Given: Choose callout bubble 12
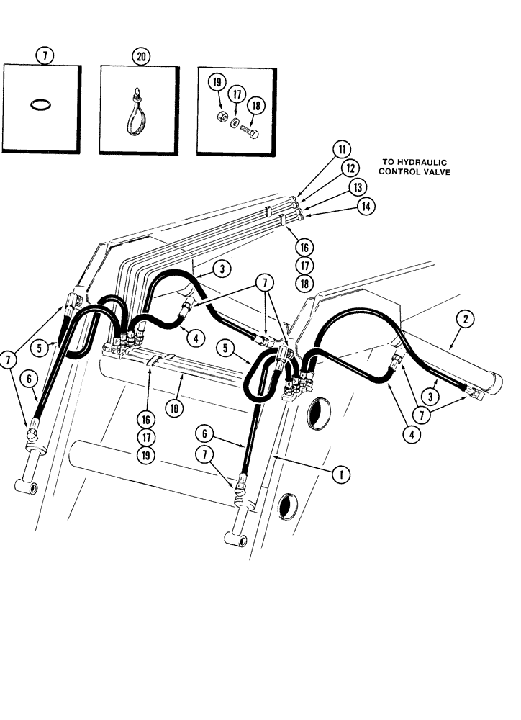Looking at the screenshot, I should pyautogui.click(x=350, y=169).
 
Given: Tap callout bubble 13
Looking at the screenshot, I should pyautogui.click(x=358, y=187).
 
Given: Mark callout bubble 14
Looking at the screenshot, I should pyautogui.click(x=366, y=207).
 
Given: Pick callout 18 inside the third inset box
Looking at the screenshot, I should pyautogui.click(x=254, y=104).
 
